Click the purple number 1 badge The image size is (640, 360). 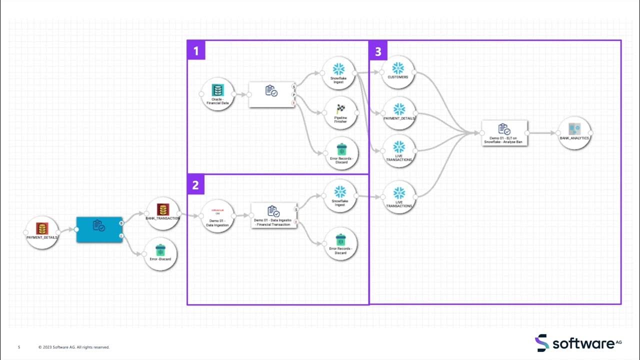click(196, 50)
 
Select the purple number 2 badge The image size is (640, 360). click(195, 185)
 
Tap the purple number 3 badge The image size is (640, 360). click(378, 50)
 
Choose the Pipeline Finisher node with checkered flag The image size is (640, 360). click(340, 113)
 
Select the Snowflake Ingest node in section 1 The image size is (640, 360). click(338, 73)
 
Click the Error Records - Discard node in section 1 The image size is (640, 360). click(341, 153)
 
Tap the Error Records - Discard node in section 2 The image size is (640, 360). click(340, 243)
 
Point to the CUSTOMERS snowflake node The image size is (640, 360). click(398, 72)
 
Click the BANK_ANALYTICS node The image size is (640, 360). click(574, 133)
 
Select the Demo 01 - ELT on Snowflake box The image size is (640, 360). click(504, 133)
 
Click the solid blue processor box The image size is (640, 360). click(99, 229)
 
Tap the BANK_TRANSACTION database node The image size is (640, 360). click(162, 213)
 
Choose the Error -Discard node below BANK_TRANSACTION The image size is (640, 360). click(160, 253)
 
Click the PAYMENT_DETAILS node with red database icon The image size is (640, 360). click(42, 232)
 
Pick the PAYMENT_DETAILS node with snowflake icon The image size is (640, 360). click(398, 113)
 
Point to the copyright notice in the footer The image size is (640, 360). click(74, 347)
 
